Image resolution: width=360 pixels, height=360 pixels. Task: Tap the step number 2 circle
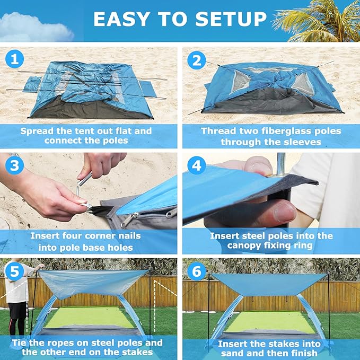pos(196,60)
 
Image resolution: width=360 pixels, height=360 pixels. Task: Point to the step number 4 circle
pos(196,165)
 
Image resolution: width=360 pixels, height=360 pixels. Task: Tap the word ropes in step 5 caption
pos(54,343)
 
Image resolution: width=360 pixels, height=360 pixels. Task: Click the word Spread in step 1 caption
pos(40,131)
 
